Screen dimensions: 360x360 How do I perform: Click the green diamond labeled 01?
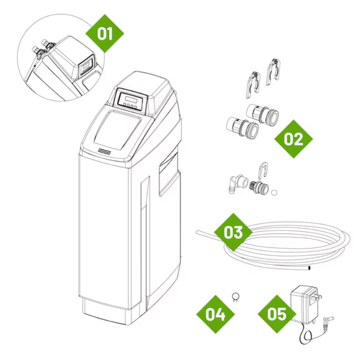point(105,33)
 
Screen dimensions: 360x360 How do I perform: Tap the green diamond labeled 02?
point(294,139)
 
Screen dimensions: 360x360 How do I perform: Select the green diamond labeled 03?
point(233,232)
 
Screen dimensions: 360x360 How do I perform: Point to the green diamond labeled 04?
point(215,314)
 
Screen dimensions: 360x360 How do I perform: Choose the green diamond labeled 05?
point(277,314)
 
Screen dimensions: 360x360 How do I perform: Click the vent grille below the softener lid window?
point(104,151)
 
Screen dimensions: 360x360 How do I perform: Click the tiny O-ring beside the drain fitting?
point(274,192)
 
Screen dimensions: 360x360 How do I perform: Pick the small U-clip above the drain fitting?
point(263,171)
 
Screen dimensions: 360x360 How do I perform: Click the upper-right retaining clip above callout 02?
point(273,72)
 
